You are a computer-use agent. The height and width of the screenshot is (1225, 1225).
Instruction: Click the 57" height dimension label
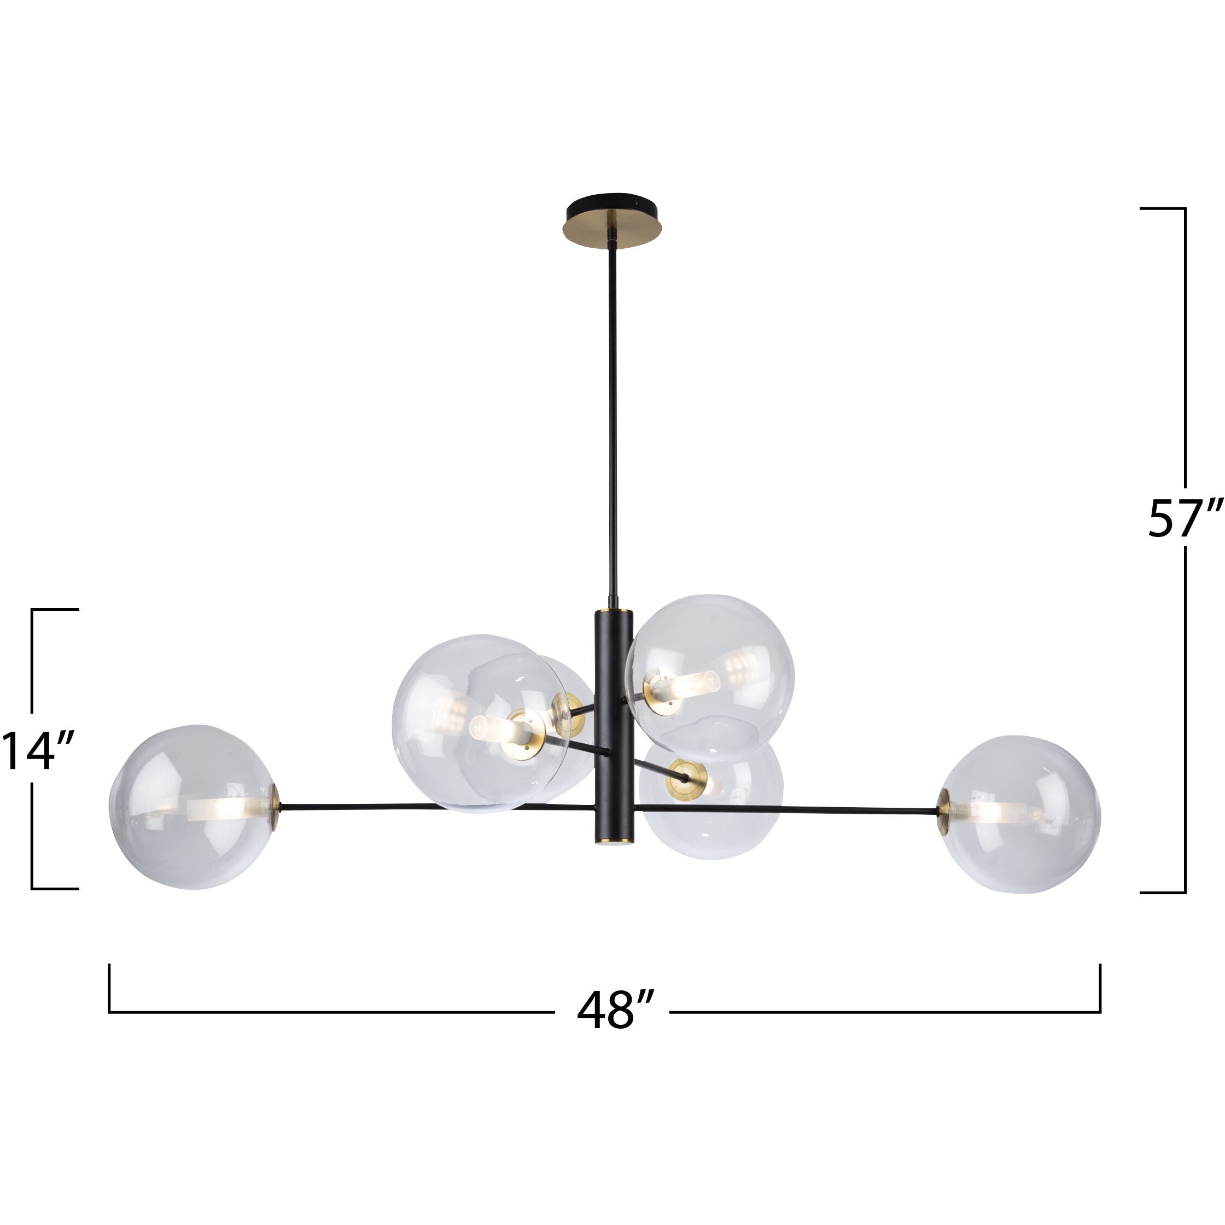click(1183, 518)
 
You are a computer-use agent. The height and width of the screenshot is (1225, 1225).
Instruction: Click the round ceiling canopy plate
click(612, 221)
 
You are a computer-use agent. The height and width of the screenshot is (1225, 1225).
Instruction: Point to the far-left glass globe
click(194, 807)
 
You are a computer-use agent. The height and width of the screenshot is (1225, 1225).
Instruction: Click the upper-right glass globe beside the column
click(710, 669)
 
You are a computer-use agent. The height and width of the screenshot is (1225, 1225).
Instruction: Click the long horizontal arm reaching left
click(437, 807)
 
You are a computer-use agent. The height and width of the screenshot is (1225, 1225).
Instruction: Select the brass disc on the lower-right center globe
click(686, 778)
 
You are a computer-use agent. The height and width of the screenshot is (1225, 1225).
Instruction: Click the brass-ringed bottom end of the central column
click(612, 840)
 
